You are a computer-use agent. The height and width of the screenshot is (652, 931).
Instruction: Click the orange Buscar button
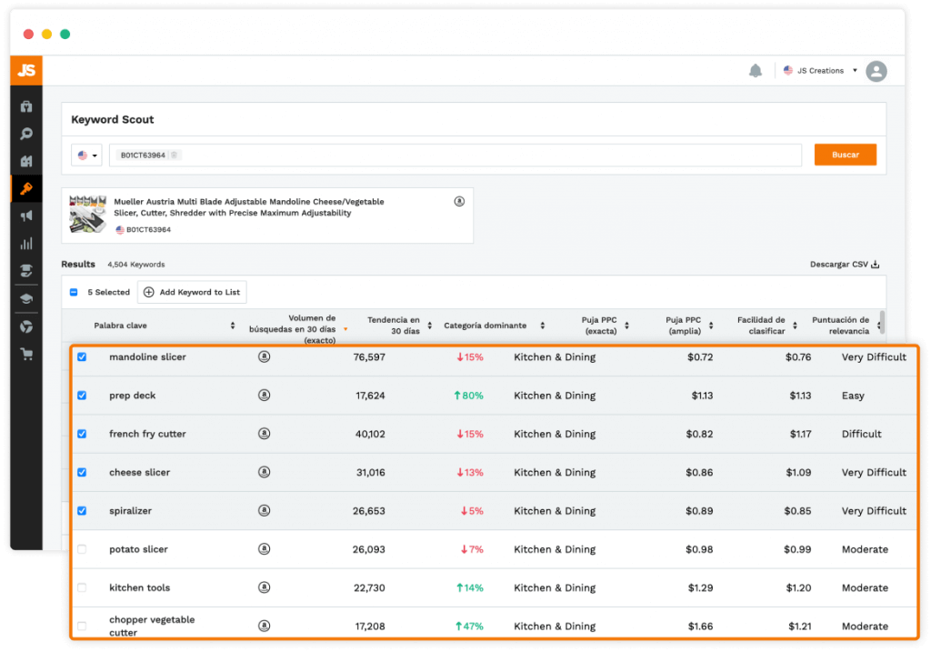pyautogui.click(x=845, y=155)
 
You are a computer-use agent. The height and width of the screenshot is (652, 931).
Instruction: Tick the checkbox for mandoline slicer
pyautogui.click(x=82, y=356)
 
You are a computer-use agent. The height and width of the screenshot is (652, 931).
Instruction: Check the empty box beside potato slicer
pyautogui.click(x=82, y=549)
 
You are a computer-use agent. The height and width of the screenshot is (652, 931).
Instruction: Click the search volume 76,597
pyautogui.click(x=369, y=356)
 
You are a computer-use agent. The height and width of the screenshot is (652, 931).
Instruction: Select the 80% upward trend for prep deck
pyautogui.click(x=468, y=396)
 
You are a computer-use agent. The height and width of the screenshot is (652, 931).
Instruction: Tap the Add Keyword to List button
pyautogui.click(x=192, y=292)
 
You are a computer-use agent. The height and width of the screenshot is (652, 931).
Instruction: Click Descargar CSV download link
pyautogui.click(x=845, y=265)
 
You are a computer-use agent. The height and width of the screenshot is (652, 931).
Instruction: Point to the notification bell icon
pyautogui.click(x=756, y=71)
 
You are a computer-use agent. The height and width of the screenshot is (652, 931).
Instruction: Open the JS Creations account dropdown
pyautogui.click(x=821, y=71)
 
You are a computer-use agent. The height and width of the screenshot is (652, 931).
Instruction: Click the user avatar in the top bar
pyautogui.click(x=876, y=71)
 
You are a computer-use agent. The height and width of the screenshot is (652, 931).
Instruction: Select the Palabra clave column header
pyautogui.click(x=120, y=326)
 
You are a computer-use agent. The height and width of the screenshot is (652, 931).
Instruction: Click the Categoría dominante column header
pyautogui.click(x=486, y=326)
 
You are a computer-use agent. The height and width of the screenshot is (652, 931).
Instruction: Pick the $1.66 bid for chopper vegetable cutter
pyautogui.click(x=701, y=626)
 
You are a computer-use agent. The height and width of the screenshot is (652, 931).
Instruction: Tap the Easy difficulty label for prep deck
pyautogui.click(x=853, y=396)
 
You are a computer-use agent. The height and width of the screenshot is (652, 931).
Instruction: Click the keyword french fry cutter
pyautogui.click(x=147, y=434)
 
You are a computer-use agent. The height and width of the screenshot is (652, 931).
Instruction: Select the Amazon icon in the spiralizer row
pyautogui.click(x=265, y=511)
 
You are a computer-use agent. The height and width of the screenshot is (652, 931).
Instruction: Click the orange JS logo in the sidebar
pyautogui.click(x=26, y=71)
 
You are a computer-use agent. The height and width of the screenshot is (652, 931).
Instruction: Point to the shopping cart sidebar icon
pyautogui.click(x=26, y=355)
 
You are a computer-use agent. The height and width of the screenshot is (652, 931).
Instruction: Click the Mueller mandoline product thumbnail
pyautogui.click(x=87, y=215)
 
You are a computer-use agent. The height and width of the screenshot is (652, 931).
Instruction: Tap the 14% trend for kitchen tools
pyautogui.click(x=470, y=587)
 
